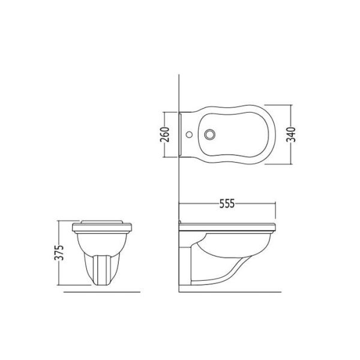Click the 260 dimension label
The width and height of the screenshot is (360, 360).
(x=164, y=134)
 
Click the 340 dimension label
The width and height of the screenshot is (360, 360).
(x=291, y=134)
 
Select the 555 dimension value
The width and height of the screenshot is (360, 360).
(x=227, y=203)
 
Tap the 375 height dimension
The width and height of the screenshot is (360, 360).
(x=59, y=253)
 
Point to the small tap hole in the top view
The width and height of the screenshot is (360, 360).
(x=189, y=134)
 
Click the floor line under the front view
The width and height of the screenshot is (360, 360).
(x=102, y=292)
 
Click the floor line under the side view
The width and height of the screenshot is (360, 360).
(x=230, y=292)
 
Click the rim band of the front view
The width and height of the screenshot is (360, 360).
(x=102, y=227)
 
